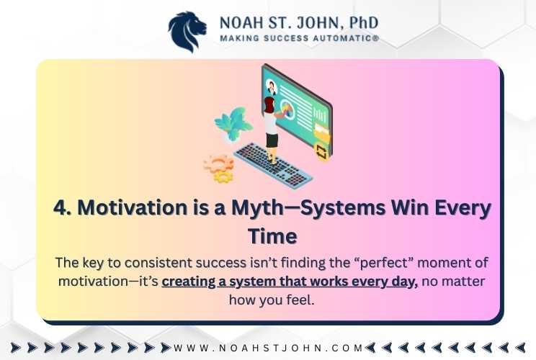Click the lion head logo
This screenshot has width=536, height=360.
[x=187, y=32]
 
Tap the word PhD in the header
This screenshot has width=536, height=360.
[x=364, y=22]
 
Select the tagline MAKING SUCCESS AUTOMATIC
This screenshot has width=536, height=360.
[x=300, y=38]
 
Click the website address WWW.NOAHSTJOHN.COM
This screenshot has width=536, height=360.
[x=268, y=348]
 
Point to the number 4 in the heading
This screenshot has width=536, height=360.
[x=62, y=207]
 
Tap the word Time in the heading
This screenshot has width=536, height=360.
[x=272, y=236]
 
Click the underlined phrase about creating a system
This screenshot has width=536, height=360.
[x=290, y=282]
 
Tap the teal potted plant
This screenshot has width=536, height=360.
[x=233, y=125]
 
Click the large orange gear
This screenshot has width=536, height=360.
[x=219, y=164]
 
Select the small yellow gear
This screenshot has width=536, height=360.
[x=223, y=176]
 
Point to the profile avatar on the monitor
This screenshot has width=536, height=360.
[x=272, y=87]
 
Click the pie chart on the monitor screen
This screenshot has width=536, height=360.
[x=287, y=110]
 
